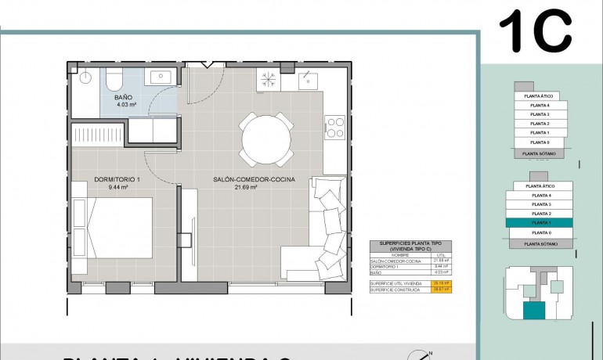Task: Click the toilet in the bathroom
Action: point(114,78)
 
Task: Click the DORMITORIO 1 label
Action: point(117,180)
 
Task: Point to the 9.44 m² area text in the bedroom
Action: point(117,188)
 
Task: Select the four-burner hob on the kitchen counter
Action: point(334,127)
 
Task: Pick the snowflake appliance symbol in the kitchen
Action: point(269,79)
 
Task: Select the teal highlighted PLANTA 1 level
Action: point(540,223)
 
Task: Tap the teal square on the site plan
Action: point(535,311)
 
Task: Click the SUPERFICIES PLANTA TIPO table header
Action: point(406,246)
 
